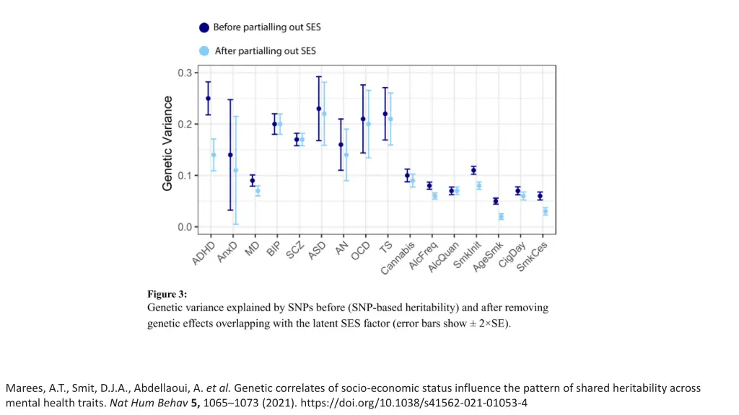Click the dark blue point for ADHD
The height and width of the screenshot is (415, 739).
tap(208, 99)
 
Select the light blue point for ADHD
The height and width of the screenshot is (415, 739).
tap(214, 155)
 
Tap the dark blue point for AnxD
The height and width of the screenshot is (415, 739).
tap(230, 155)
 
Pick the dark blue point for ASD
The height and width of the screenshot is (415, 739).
tap(319, 109)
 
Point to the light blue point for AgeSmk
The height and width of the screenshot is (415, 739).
tap(501, 217)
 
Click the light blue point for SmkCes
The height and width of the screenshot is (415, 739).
tap(546, 212)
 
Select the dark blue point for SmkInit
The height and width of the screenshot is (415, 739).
tap(473, 171)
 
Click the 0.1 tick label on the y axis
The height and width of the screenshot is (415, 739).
tap(185, 176)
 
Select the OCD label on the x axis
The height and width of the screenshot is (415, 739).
tap(360, 249)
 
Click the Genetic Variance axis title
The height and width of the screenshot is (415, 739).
tap(167, 143)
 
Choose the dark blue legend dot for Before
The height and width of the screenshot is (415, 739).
tap(204, 27)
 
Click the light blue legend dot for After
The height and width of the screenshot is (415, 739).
tap(204, 51)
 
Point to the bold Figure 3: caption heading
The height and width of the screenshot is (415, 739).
tap(167, 294)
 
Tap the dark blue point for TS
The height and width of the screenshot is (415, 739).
tap(385, 114)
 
